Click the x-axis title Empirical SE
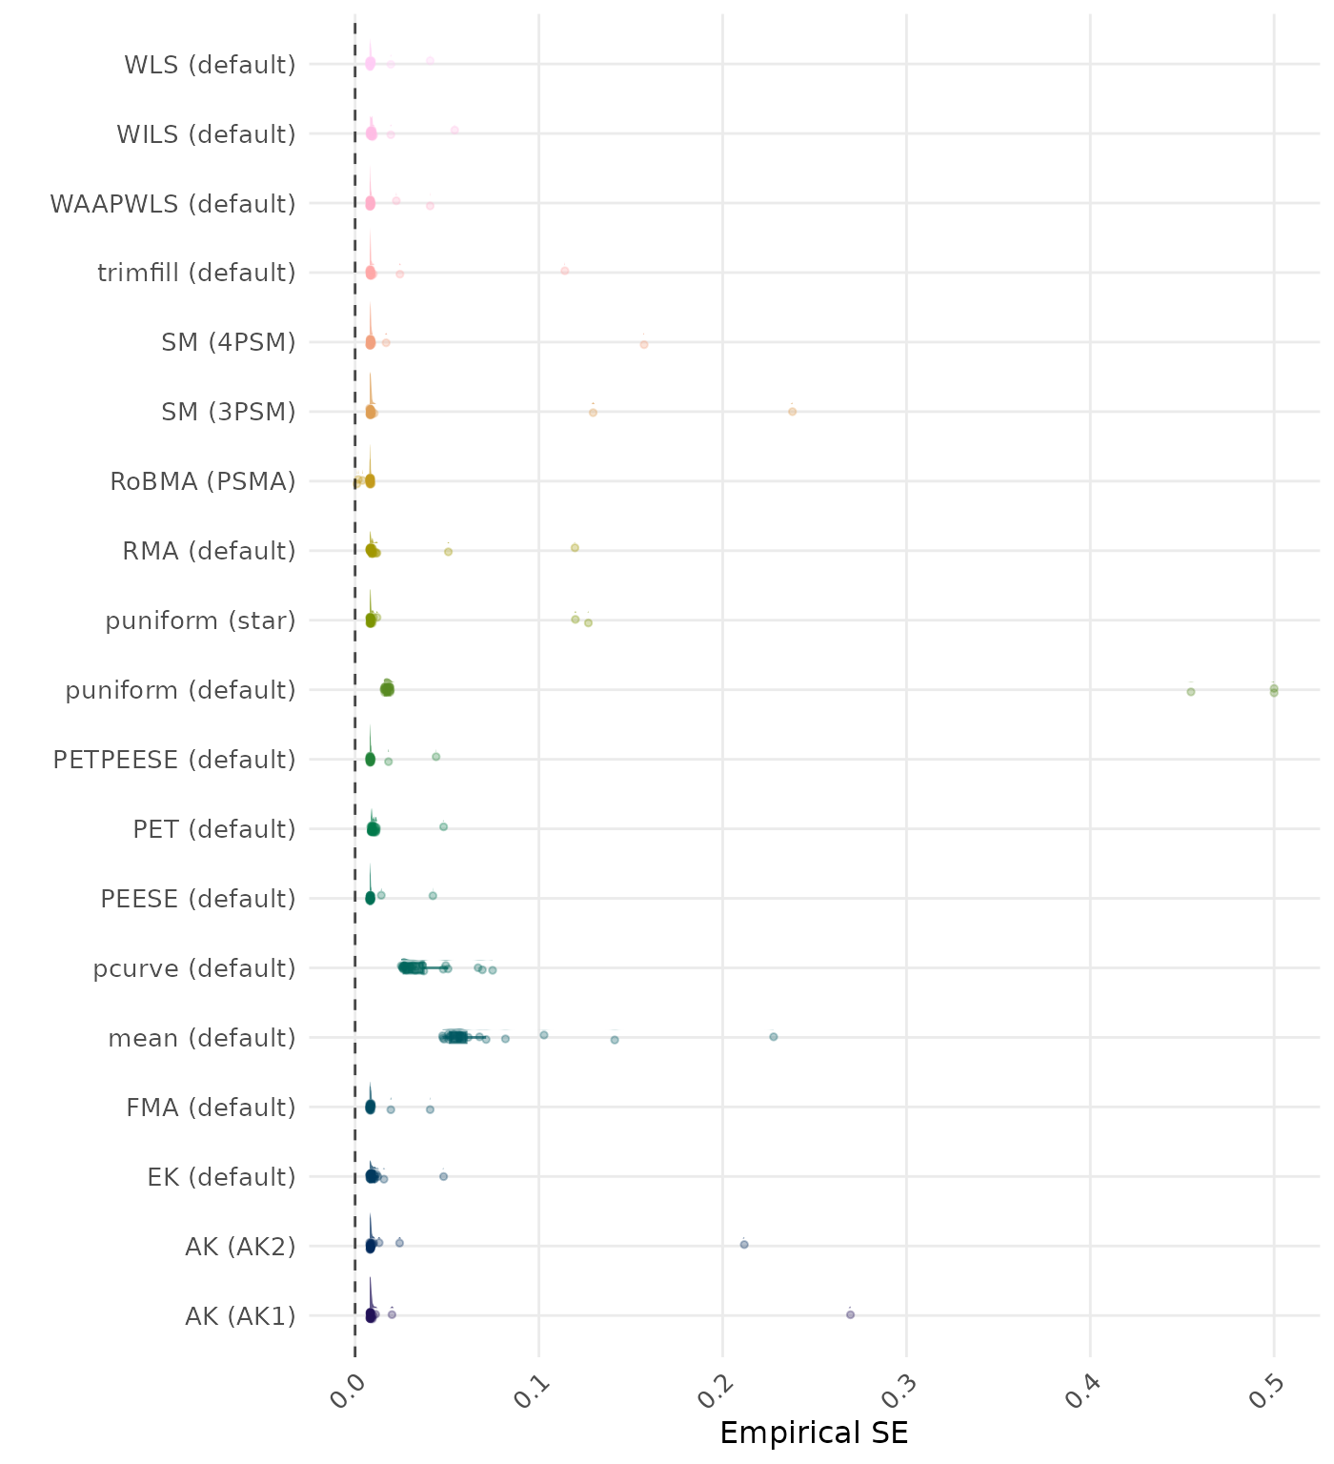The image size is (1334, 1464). [x=814, y=1433]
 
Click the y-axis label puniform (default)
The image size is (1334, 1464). [x=181, y=690]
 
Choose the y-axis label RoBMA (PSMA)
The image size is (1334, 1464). [x=203, y=481]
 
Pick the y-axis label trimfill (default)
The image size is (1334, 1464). [x=197, y=273]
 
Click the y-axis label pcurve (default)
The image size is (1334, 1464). [x=194, y=968]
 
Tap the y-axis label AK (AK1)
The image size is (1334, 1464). [x=240, y=1316]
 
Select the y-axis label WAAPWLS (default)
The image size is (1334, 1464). [x=173, y=204]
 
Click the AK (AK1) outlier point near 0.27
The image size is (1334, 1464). [x=850, y=1314]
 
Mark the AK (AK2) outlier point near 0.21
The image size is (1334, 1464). [x=744, y=1244]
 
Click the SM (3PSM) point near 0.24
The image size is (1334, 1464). [x=792, y=412]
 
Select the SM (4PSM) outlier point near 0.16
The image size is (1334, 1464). [x=644, y=344]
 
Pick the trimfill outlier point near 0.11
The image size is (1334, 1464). [x=565, y=271]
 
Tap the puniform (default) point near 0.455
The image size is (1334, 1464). [x=1191, y=691]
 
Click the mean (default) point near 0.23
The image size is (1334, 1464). [x=774, y=1036]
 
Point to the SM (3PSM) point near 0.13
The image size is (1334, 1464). [x=593, y=412]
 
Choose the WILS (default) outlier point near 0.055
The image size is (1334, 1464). [x=455, y=130]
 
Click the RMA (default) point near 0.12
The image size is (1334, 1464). [x=575, y=547]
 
